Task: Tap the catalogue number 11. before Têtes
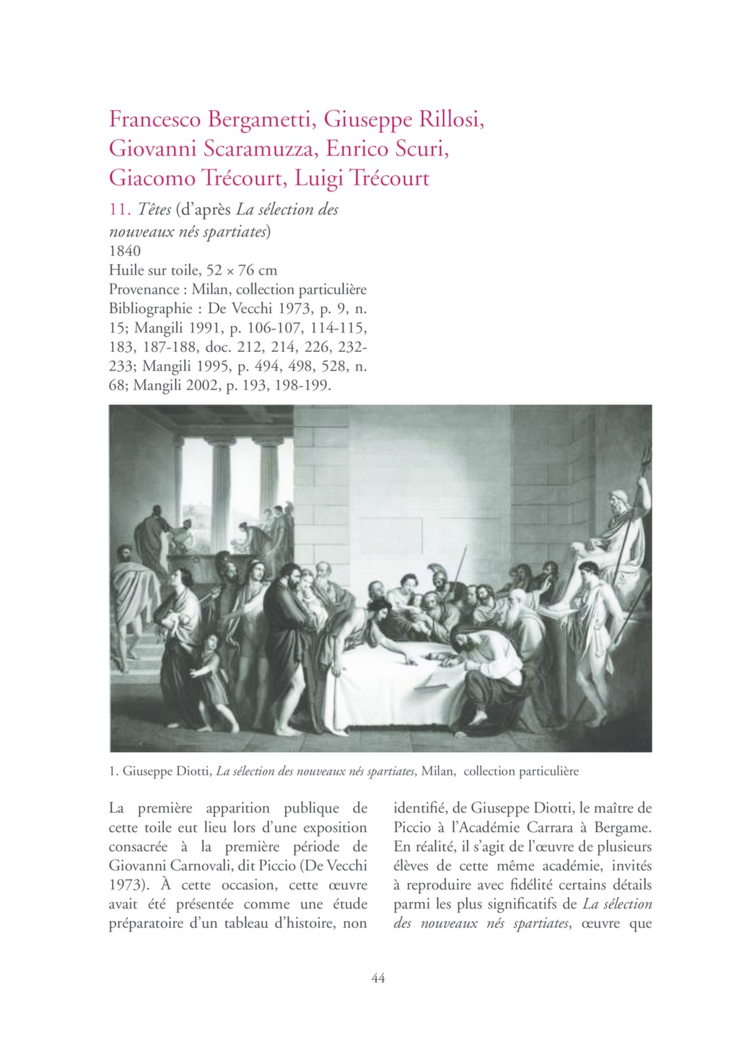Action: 119,210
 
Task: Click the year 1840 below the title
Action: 125,251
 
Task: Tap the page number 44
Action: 377,978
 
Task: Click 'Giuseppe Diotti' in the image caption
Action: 167,772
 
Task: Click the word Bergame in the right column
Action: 621,827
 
